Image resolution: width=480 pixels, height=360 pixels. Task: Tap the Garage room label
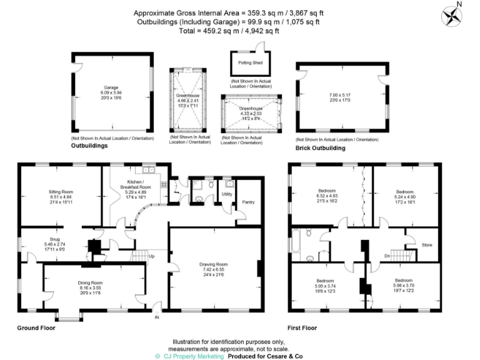111,88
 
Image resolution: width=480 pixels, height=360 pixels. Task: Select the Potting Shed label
248,63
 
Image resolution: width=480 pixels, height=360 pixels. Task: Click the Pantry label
248,202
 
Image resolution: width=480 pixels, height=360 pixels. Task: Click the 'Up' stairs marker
151,256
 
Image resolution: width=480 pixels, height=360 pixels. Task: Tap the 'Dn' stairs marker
387,256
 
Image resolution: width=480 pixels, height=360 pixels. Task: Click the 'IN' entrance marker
156,317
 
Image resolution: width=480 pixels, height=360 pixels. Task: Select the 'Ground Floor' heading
36,327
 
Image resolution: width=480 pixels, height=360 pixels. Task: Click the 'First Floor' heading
302,327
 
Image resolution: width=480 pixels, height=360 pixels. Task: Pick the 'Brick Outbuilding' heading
319,149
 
